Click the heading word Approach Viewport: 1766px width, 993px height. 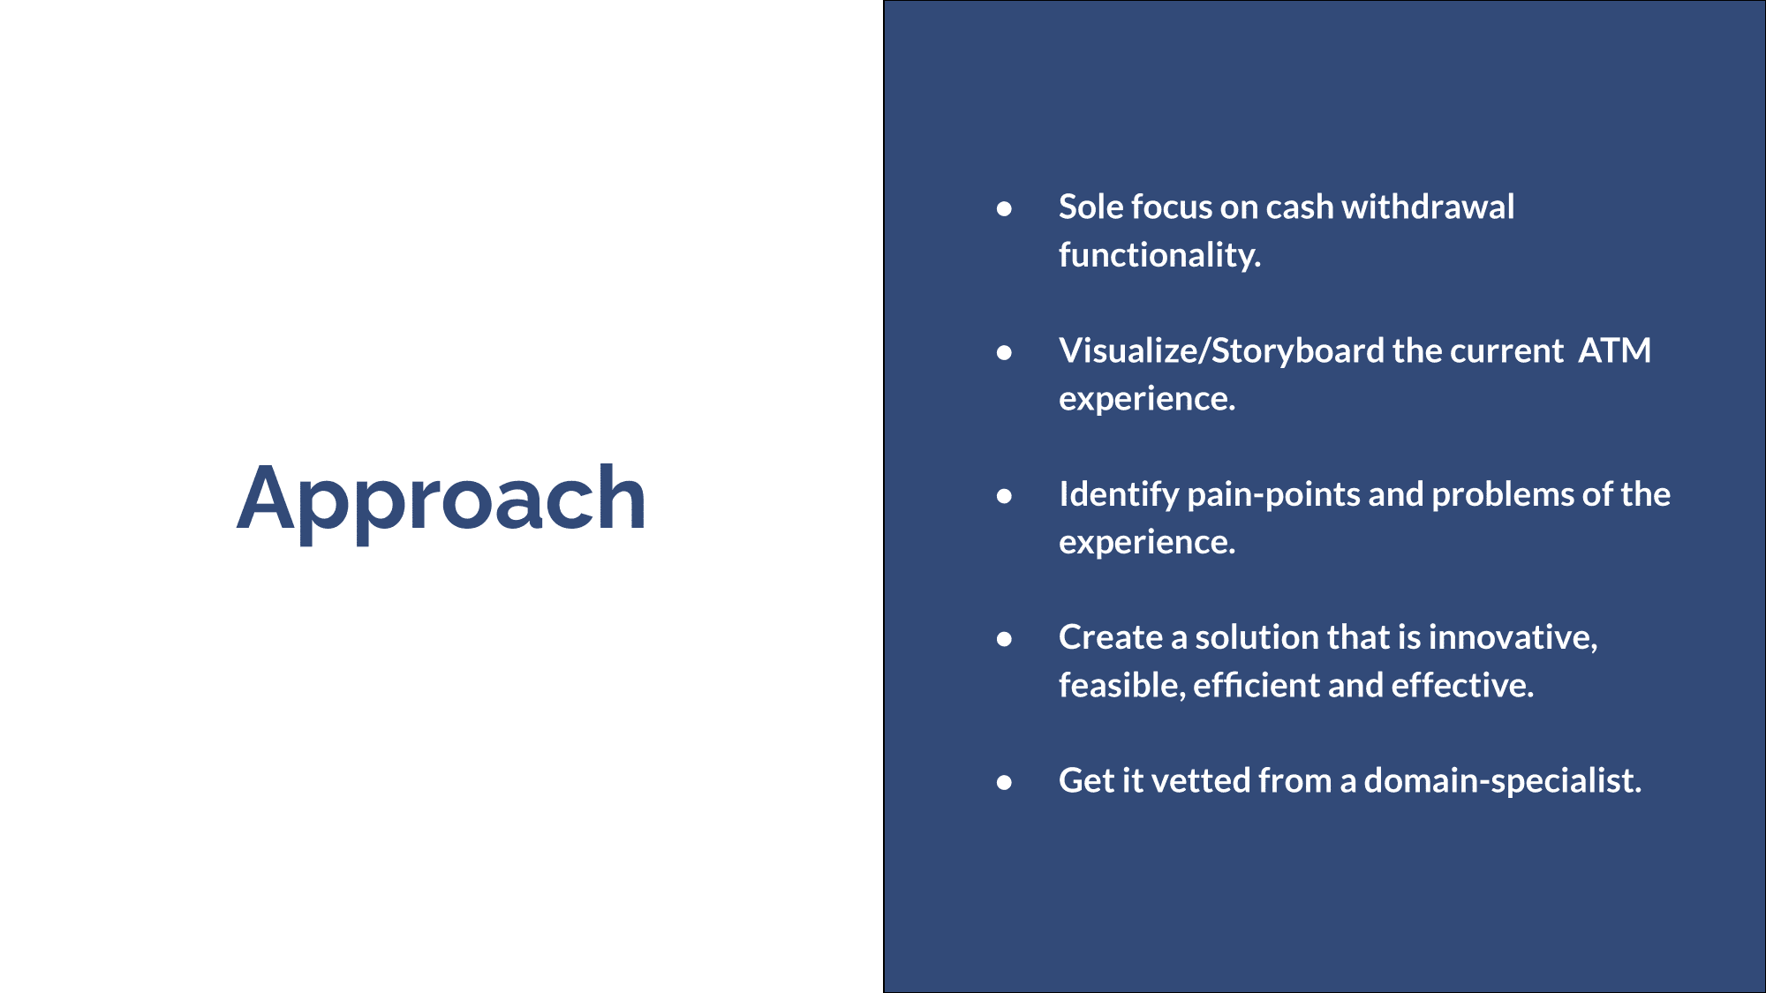pyautogui.click(x=441, y=500)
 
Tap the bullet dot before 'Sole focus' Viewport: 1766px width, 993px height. pyautogui.click(x=1004, y=209)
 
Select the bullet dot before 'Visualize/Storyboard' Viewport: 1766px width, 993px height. pyautogui.click(x=1004, y=353)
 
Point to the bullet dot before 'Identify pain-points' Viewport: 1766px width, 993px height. pyautogui.click(x=1004, y=496)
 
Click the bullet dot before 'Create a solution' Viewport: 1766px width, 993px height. pyautogui.click(x=1004, y=639)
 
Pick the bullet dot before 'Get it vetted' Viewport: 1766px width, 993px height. pyautogui.click(x=1004, y=783)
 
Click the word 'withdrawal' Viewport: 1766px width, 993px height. pyautogui.click(x=1428, y=207)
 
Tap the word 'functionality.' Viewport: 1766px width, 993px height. pyautogui.click(x=1159, y=255)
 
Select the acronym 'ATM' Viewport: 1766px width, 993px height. pyautogui.click(x=1615, y=350)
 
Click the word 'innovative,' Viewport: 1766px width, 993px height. pyautogui.click(x=1513, y=637)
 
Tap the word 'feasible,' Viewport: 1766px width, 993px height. pyautogui.click(x=1122, y=686)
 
